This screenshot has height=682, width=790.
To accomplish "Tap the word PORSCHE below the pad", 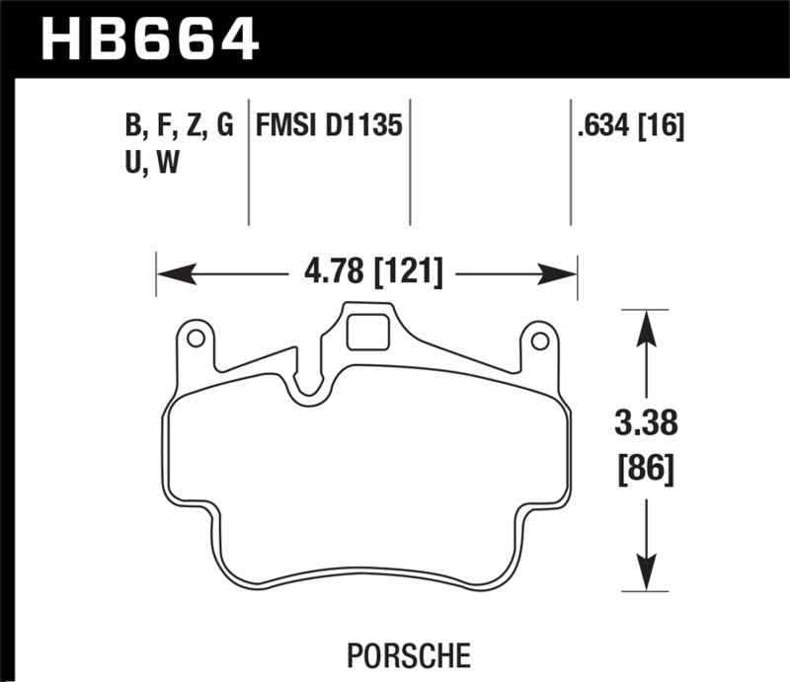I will click(408, 653).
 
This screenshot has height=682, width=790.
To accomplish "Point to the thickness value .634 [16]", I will click(628, 126).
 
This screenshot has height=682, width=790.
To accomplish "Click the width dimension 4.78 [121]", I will click(366, 271).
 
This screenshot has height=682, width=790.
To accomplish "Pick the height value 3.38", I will click(647, 426).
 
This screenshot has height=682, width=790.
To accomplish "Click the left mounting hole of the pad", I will click(196, 340).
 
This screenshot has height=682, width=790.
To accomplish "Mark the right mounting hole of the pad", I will click(539, 341).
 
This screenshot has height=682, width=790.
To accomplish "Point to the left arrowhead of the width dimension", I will click(168, 271).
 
